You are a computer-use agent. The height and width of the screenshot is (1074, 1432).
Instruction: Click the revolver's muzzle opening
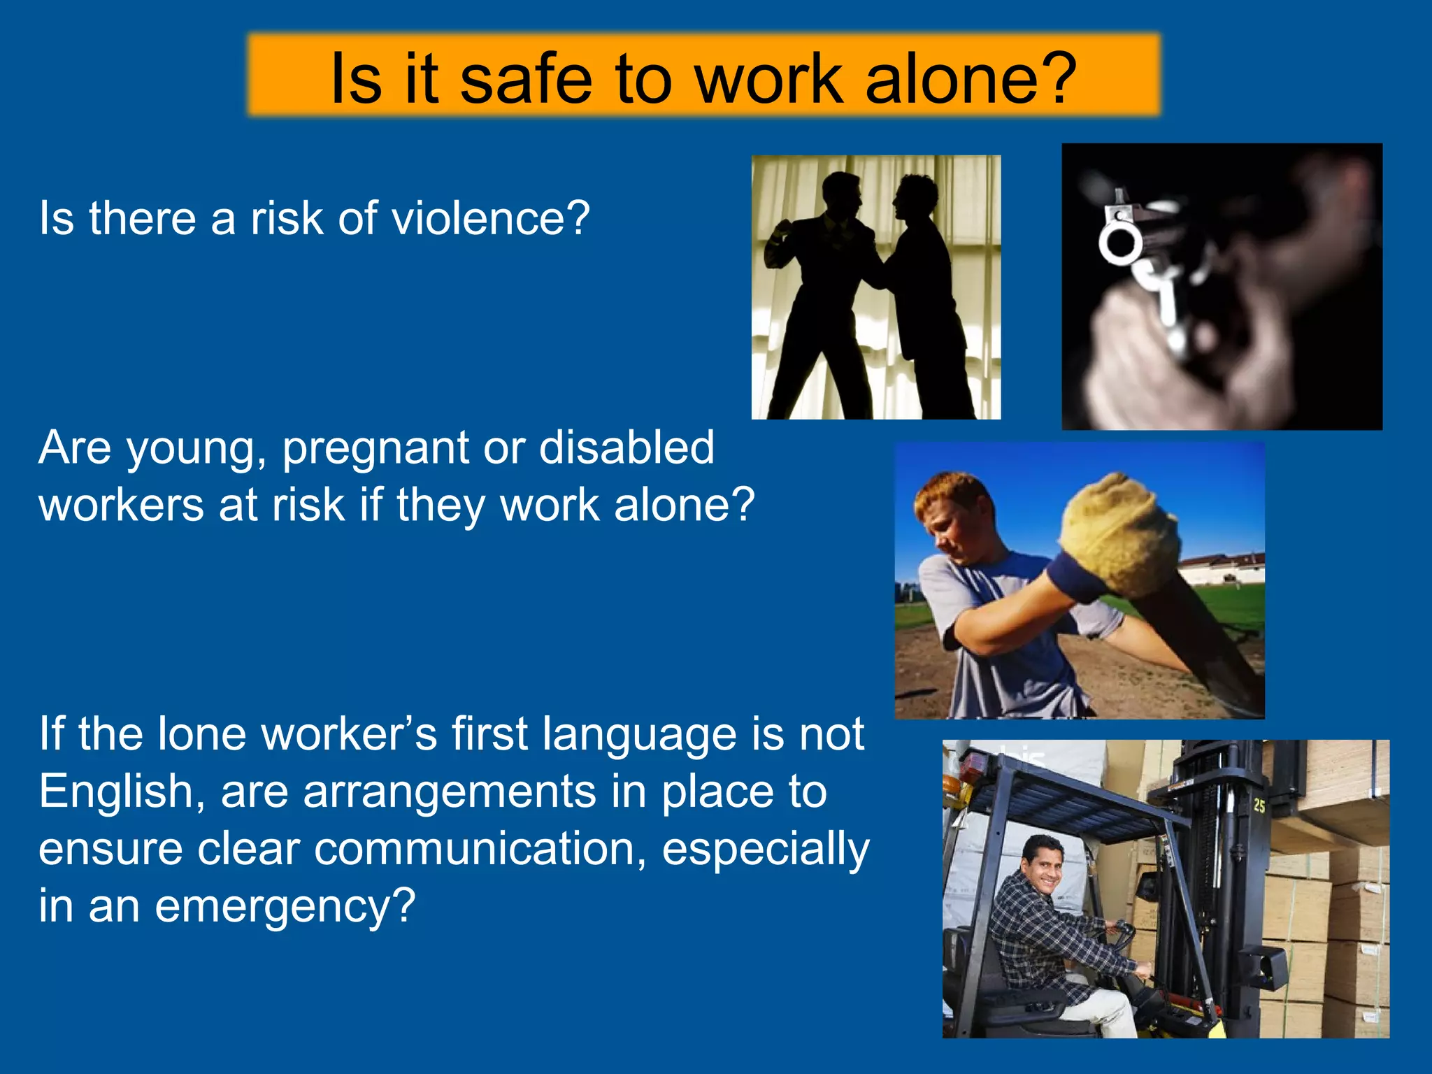pyautogui.click(x=1119, y=243)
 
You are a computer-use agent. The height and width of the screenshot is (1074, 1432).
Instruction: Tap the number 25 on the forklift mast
pyautogui.click(x=1259, y=805)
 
